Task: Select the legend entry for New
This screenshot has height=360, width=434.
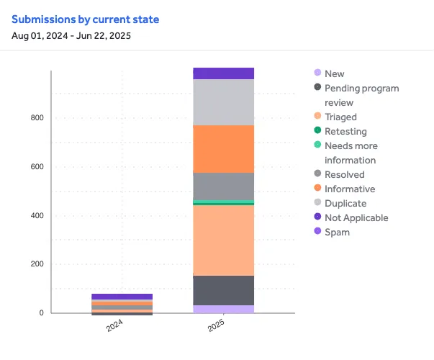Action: (334, 73)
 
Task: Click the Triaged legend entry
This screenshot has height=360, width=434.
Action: (340, 117)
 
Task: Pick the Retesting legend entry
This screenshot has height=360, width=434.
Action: (345, 131)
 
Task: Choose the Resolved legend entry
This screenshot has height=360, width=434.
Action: (344, 174)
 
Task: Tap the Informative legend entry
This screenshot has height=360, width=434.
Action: (350, 189)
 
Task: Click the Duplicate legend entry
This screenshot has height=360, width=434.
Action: (345, 203)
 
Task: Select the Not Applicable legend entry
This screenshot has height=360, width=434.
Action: (356, 217)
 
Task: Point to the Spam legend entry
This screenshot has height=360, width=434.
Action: (337, 232)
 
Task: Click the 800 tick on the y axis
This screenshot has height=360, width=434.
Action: (37, 118)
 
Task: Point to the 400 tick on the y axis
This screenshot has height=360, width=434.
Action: (37, 216)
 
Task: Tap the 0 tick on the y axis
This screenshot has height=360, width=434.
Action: (42, 313)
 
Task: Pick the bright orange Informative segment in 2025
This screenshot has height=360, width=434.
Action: (223, 149)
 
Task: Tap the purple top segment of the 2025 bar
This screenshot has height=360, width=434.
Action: (223, 73)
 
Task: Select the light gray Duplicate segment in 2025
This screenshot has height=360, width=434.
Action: (223, 102)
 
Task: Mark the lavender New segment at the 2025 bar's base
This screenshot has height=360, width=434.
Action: (223, 309)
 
